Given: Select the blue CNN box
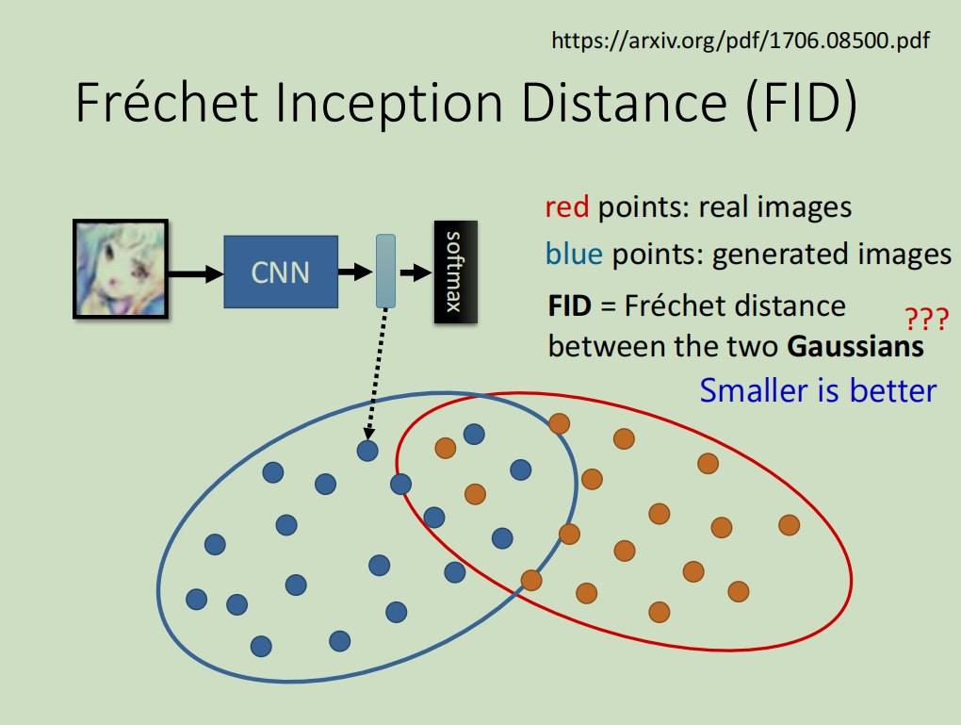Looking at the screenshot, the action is pyautogui.click(x=280, y=272).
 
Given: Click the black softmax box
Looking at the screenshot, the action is pyautogui.click(x=455, y=272).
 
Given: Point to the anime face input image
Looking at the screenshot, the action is pyautogui.click(x=121, y=268).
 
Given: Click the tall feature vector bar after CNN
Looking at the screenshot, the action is pyautogui.click(x=385, y=272).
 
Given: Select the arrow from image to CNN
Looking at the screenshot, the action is pyautogui.click(x=195, y=273).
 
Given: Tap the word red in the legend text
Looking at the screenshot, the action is pyautogui.click(x=566, y=206).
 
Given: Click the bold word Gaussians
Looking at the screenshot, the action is pyautogui.click(x=855, y=346).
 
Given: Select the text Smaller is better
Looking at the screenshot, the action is pyautogui.click(x=818, y=390).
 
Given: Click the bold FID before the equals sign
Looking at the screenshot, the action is pyautogui.click(x=568, y=305).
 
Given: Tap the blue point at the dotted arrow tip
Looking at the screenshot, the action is pyautogui.click(x=367, y=451).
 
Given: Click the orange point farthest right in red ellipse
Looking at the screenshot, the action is pyautogui.click(x=789, y=524).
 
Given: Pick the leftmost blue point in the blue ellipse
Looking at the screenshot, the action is pyautogui.click(x=196, y=599).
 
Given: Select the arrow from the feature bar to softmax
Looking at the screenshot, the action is pyautogui.click(x=415, y=272).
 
